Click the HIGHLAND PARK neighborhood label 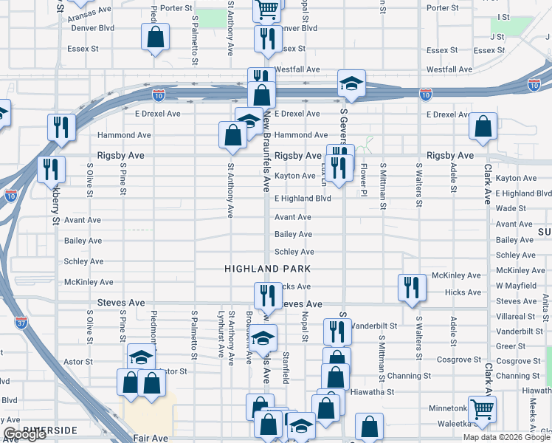(268, 269)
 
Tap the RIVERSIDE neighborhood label (49, 429)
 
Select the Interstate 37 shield (20, 322)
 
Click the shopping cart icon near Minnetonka (482, 408)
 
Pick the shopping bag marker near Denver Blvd (156, 37)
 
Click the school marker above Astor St (141, 358)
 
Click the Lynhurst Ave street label (221, 337)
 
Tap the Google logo (24, 435)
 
